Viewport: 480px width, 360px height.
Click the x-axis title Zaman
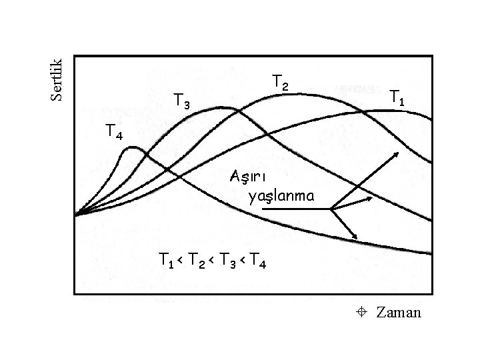pyautogui.click(x=399, y=311)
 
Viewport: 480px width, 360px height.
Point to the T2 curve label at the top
pyautogui.click(x=281, y=82)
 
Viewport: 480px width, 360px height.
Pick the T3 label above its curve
pyautogui.click(x=181, y=101)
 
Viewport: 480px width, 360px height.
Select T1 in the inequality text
pyautogui.click(x=167, y=259)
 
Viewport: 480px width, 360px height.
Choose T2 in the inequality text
pyautogui.click(x=198, y=259)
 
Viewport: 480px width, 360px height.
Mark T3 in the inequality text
pyautogui.click(x=228, y=259)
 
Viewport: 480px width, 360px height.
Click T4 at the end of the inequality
pyautogui.click(x=259, y=259)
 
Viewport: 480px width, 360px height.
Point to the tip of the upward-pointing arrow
pyautogui.click(x=398, y=152)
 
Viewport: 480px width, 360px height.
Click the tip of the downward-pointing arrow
pyautogui.click(x=358, y=238)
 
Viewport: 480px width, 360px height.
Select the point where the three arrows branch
pyautogui.click(x=331, y=209)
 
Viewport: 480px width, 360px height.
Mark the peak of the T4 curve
pyautogui.click(x=132, y=149)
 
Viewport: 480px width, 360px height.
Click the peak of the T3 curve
pyautogui.click(x=225, y=108)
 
